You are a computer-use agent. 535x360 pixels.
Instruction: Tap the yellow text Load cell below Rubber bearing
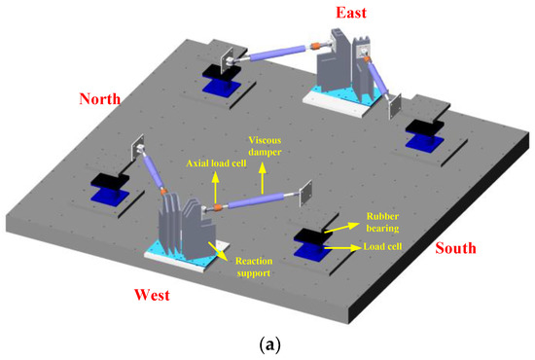point(387,247)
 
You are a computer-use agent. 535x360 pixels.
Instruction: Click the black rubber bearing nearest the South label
point(314,238)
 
